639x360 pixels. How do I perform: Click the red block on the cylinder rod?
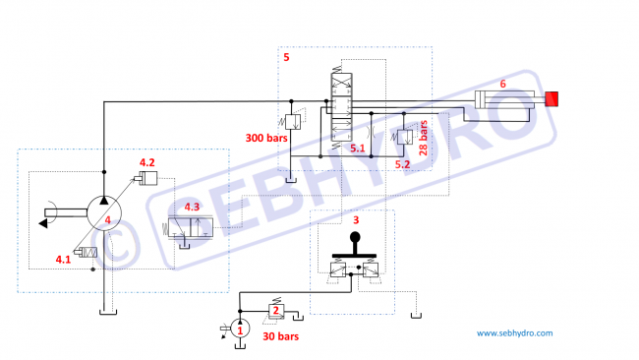point(552,99)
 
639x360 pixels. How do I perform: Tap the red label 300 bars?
point(266,139)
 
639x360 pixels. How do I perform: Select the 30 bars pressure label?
point(281,336)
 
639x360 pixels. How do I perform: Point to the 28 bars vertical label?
point(424,139)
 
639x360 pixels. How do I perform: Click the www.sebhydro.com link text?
point(515,333)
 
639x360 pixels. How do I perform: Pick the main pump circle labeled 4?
point(104,213)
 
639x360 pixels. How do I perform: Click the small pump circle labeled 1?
point(240,329)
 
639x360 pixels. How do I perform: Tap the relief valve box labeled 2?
point(276,311)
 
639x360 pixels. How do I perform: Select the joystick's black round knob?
point(355,237)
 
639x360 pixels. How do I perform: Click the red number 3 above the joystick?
point(356,220)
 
